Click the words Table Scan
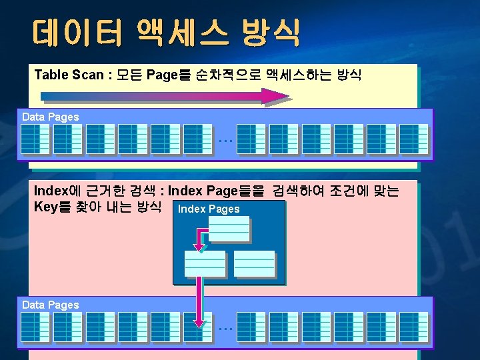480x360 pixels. click(x=69, y=75)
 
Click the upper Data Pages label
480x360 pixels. click(x=51, y=117)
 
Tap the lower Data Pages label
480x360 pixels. click(x=51, y=305)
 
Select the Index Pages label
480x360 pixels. click(x=209, y=209)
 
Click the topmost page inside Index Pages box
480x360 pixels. click(x=229, y=228)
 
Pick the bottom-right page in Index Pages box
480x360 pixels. click(x=254, y=263)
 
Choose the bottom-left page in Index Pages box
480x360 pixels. click(x=205, y=263)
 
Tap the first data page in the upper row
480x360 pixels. click(x=35, y=139)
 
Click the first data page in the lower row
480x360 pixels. click(x=35, y=327)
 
